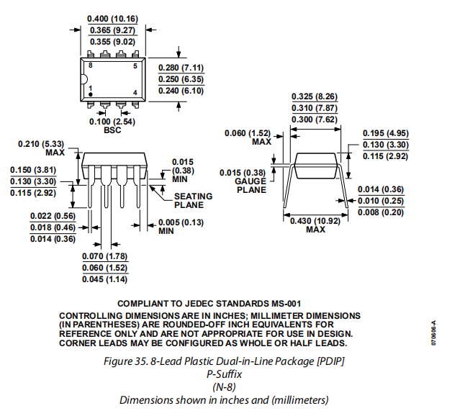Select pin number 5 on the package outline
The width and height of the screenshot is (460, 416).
(135, 66)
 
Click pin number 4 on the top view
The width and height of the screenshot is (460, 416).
(135, 93)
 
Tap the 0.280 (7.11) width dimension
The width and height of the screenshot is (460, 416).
(180, 68)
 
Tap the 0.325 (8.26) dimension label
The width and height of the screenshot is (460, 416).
(314, 97)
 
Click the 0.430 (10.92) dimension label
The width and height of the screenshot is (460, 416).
(315, 220)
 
